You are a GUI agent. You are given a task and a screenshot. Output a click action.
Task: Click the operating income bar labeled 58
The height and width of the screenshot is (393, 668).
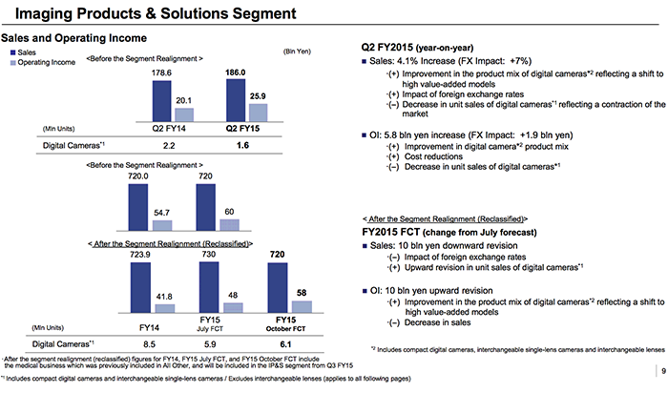(x=302, y=307)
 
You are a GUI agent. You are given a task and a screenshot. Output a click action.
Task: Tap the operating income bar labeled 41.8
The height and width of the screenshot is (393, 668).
(x=163, y=309)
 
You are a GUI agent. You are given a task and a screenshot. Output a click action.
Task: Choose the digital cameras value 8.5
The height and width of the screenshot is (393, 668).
(x=150, y=344)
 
